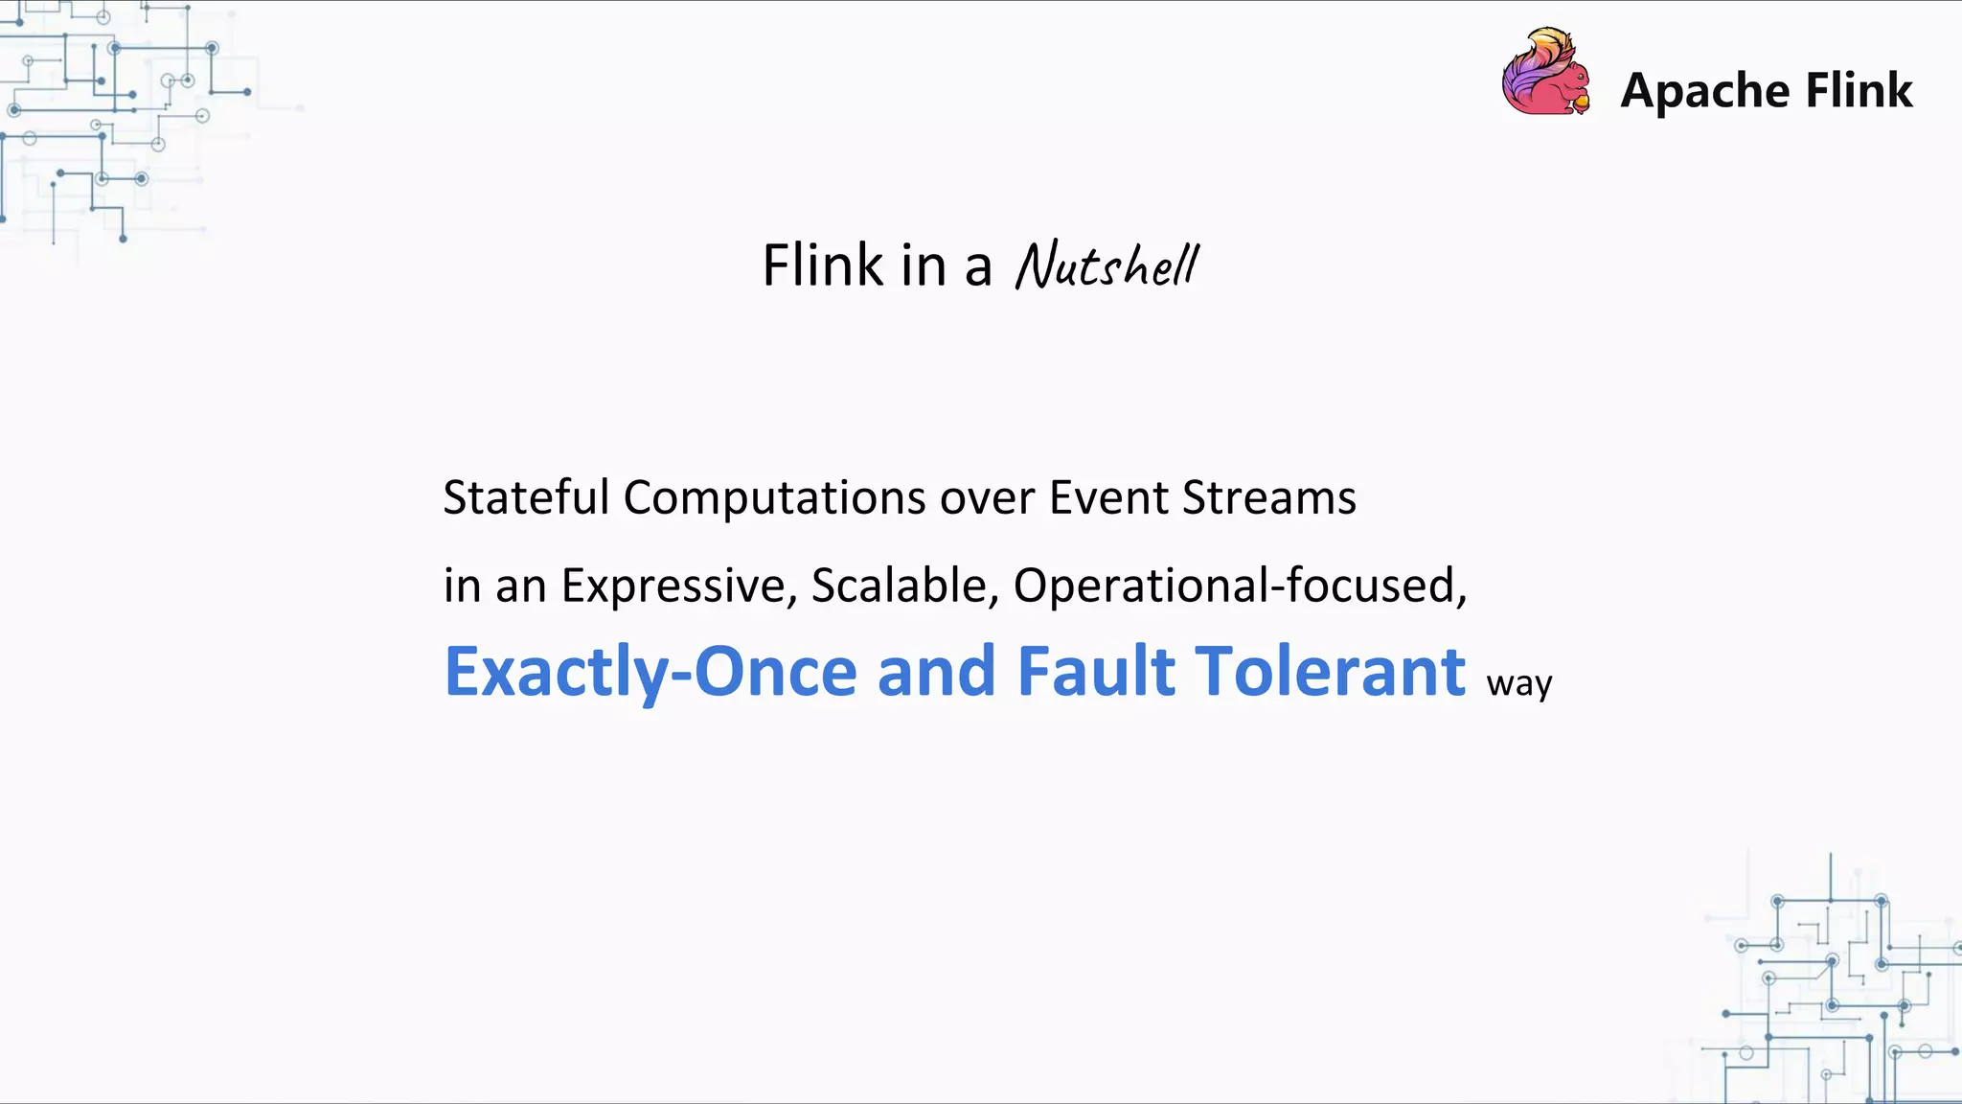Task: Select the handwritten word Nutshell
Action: pyautogui.click(x=1106, y=265)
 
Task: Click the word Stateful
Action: pyautogui.click(x=526, y=497)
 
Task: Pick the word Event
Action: pyautogui.click(x=1108, y=497)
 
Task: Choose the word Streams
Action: pyautogui.click(x=1269, y=497)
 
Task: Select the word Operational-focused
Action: pyautogui.click(x=1239, y=586)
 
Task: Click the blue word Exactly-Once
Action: pyautogui.click(x=650, y=672)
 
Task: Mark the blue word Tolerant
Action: pyautogui.click(x=1332, y=671)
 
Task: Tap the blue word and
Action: pyautogui.click(x=937, y=671)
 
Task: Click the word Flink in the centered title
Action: pyautogui.click(x=822, y=265)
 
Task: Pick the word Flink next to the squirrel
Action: pyautogui.click(x=1859, y=91)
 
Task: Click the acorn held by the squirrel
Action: pyautogui.click(x=1582, y=101)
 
